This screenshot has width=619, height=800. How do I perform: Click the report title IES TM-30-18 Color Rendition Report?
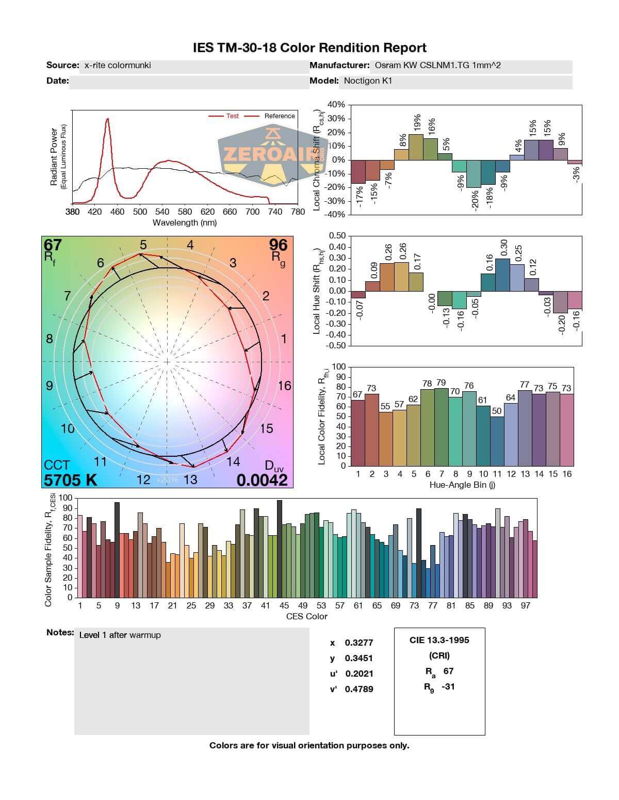pos(309,48)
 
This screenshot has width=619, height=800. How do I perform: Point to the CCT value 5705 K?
pos(71,480)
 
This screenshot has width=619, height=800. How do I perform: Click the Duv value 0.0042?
pos(262,480)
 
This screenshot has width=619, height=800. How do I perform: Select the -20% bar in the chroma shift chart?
pos(474,174)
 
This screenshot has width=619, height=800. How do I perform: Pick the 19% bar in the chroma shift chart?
pos(416,147)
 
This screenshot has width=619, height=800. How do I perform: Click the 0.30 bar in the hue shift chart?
pos(502,275)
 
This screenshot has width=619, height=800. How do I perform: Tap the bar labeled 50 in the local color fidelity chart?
pos(497,441)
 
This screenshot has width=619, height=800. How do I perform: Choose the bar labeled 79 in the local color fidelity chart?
pos(441,427)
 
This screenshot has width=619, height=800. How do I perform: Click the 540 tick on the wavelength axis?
pos(162,212)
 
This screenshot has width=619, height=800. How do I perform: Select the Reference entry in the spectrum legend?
pos(279,116)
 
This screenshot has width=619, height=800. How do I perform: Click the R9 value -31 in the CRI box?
pos(448,686)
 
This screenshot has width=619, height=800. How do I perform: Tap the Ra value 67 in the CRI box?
pos(448,671)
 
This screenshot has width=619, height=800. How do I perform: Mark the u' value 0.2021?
pos(359,674)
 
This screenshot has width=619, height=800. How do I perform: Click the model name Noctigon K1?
pos(368,81)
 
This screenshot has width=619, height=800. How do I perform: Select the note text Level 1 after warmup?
pos(120,635)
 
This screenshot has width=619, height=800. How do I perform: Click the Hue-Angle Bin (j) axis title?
pos(462,485)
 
